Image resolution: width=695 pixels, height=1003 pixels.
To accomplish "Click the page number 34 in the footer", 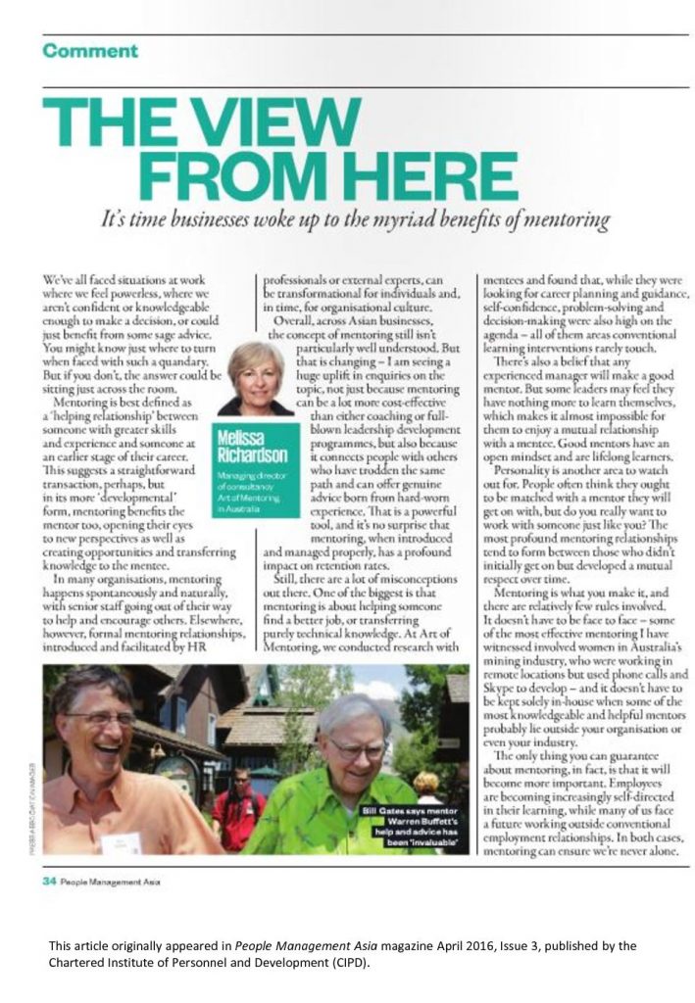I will point(48,881).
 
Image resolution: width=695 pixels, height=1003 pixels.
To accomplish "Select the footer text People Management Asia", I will point(110,881).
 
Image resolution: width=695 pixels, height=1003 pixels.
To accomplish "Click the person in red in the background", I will point(239,808).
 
